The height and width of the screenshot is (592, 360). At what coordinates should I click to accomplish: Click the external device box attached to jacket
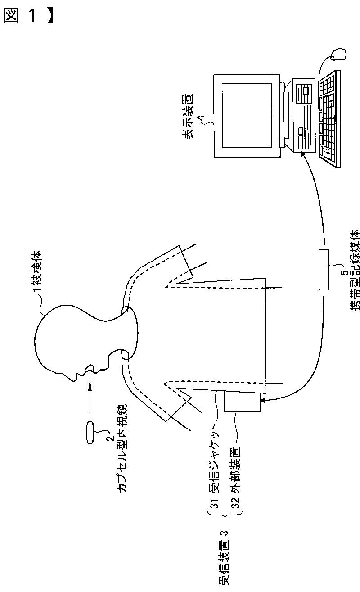243,402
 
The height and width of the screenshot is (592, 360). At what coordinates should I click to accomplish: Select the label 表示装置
187,115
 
